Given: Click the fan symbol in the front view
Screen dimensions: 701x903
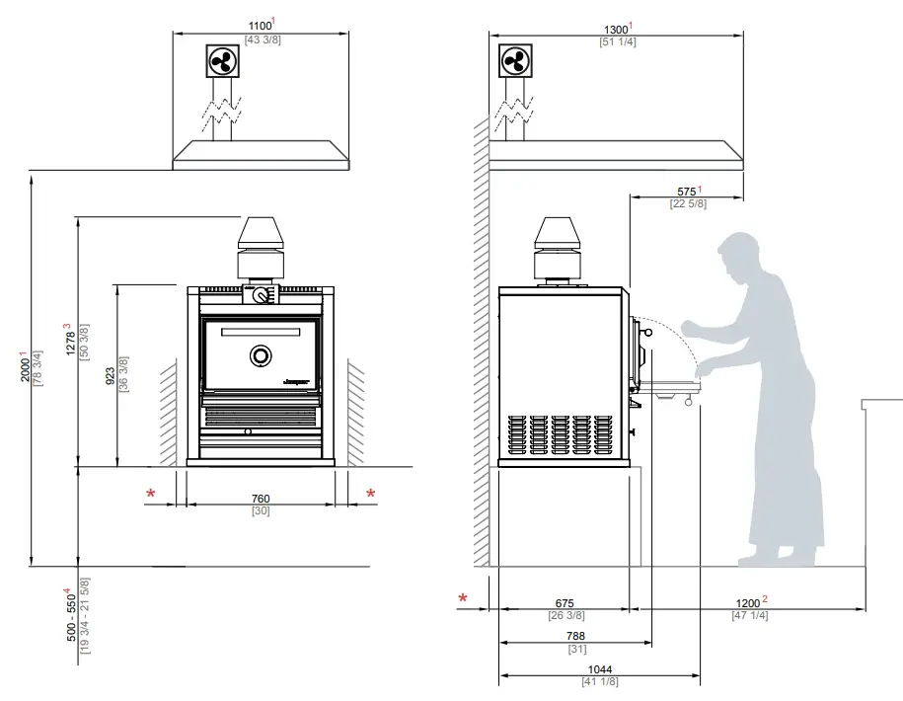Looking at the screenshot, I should (x=221, y=61).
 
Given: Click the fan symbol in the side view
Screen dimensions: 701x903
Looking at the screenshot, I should (x=513, y=61).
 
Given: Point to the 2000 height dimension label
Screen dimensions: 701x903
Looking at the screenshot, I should (x=27, y=367).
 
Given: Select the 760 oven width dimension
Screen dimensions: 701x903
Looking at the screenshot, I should (x=261, y=498).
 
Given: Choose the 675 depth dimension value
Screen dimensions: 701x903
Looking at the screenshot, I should (x=564, y=603).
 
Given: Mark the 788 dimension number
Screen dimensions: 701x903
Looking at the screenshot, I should (x=576, y=636).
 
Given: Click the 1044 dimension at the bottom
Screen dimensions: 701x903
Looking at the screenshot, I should (x=599, y=669).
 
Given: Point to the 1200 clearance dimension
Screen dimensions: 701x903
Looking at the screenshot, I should (x=749, y=602).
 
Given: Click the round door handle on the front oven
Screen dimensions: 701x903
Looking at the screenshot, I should (x=261, y=355).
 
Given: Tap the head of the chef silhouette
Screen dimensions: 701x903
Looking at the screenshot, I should (x=737, y=256).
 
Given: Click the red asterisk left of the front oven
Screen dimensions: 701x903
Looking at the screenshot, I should (x=151, y=494).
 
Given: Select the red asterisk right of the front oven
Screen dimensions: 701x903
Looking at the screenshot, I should (x=371, y=494).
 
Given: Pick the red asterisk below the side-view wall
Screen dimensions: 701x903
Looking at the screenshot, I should (x=463, y=598).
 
